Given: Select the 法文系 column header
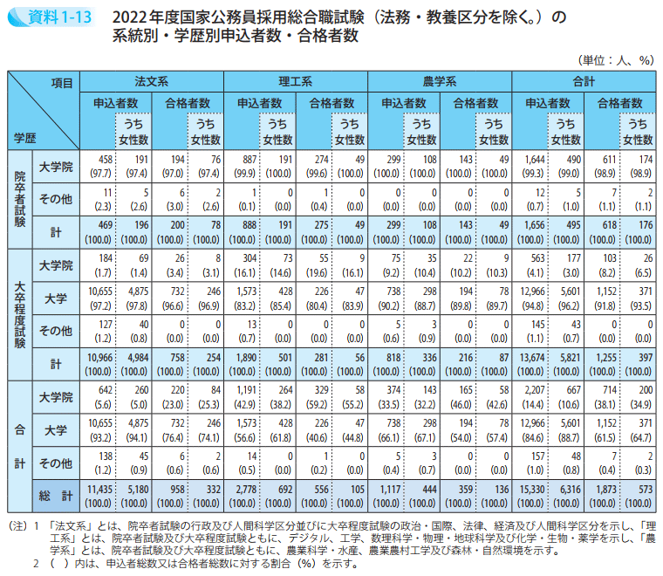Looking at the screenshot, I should (152, 80).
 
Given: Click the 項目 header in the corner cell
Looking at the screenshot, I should (61, 80).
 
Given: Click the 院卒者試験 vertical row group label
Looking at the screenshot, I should (19, 199).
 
